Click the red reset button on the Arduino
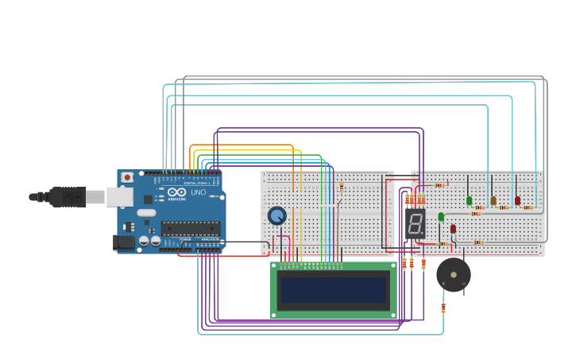[x=127, y=177]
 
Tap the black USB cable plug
[x=67, y=196]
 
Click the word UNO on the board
[x=198, y=192]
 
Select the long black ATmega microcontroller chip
[x=191, y=229]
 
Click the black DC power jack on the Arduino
[x=123, y=242]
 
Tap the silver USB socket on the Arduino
[x=119, y=196]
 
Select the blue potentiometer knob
[x=276, y=215]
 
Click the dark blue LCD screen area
[x=334, y=290]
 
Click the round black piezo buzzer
[x=454, y=275]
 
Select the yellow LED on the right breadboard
[x=493, y=201]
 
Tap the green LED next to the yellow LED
[x=470, y=201]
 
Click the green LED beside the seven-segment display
[x=441, y=217]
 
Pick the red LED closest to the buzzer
[x=453, y=229]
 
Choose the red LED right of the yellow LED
[x=517, y=201]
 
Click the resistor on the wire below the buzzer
[x=443, y=308]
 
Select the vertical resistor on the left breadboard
[x=342, y=188]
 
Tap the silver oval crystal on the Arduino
[x=147, y=212]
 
